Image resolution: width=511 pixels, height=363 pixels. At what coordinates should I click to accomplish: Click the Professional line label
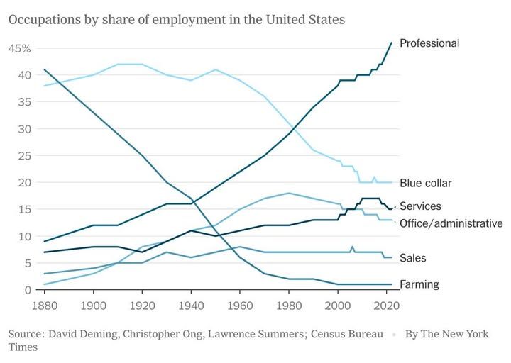pyautogui.click(x=429, y=43)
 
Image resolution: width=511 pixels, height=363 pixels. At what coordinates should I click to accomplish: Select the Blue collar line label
pyautogui.click(x=426, y=183)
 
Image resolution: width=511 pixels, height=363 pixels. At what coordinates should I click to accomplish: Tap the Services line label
pyautogui.click(x=420, y=206)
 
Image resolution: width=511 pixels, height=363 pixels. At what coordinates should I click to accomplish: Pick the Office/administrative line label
pyautogui.click(x=451, y=223)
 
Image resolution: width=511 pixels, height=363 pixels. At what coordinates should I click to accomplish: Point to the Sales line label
pyautogui.click(x=413, y=258)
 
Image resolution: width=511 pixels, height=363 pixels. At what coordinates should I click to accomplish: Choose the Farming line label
pyautogui.click(x=419, y=284)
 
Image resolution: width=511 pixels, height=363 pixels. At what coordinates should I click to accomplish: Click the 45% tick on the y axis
pyautogui.click(x=19, y=48)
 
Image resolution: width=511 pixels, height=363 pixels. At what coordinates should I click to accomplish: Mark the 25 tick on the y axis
pyautogui.click(x=24, y=156)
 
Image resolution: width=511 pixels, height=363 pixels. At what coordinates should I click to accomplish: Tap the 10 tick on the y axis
pyautogui.click(x=24, y=236)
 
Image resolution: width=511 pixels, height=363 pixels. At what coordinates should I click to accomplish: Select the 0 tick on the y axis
pyautogui.click(x=27, y=290)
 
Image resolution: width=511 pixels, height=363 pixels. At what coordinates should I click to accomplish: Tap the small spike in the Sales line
pyautogui.click(x=352, y=247)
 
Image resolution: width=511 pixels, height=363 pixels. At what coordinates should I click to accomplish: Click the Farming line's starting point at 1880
pyautogui.click(x=44, y=69)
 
